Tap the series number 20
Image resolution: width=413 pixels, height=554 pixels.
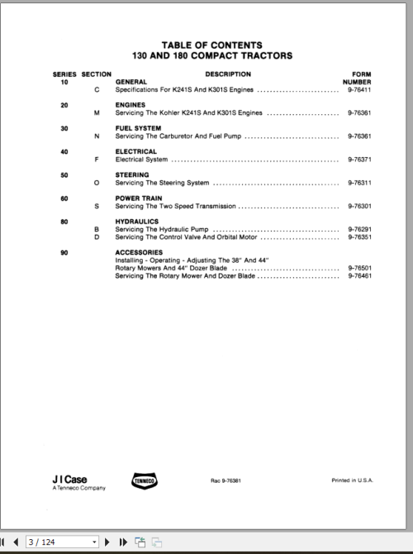(x=64, y=105)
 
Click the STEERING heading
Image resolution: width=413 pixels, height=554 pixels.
(x=132, y=174)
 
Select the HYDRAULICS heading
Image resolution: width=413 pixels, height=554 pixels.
(x=138, y=222)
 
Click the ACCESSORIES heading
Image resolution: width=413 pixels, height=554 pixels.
(x=139, y=252)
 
